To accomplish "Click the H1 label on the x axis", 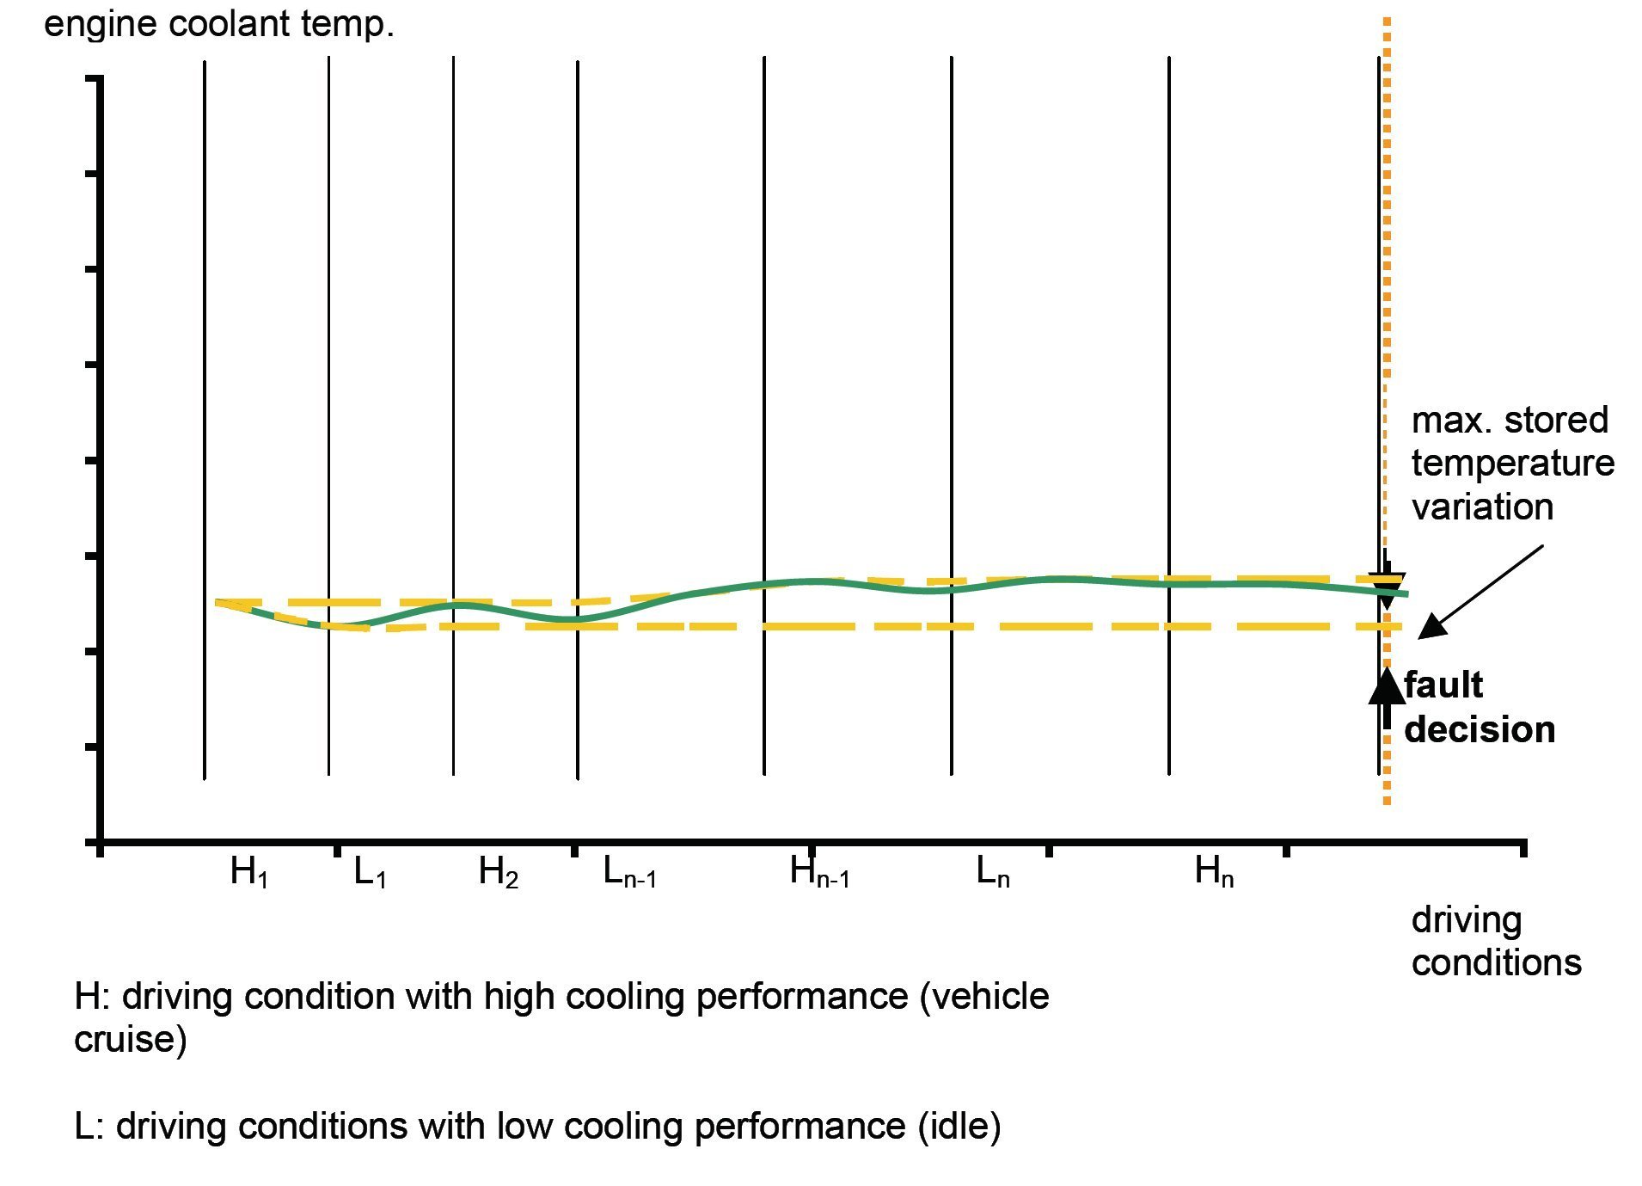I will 249,872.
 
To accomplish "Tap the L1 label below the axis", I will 370,872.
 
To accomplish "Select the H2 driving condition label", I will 498,872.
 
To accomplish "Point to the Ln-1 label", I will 629,872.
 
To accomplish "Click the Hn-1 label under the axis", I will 819,872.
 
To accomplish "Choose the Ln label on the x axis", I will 993,872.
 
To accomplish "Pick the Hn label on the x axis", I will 1214,872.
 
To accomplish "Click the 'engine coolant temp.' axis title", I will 219,24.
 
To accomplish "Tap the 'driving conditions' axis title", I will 1496,941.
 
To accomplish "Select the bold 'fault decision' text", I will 1479,707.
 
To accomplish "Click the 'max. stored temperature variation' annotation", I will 1512,464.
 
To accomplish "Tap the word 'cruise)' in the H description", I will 131,1039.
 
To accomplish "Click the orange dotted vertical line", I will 1387,258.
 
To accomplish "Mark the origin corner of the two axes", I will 101,841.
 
